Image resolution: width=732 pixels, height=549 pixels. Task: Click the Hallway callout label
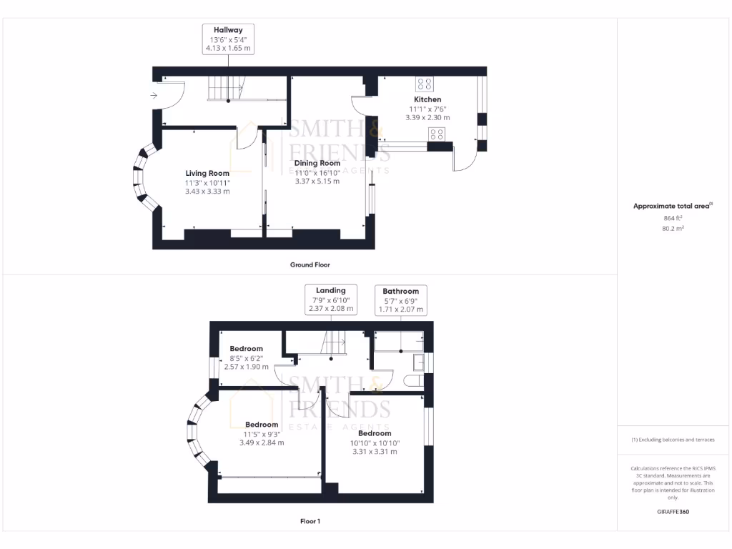click(227, 39)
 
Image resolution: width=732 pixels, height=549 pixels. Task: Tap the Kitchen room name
click(427, 99)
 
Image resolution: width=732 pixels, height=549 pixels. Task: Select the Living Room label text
click(207, 174)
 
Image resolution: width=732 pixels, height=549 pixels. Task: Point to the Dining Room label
click(317, 163)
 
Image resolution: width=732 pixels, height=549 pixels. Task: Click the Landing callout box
click(330, 300)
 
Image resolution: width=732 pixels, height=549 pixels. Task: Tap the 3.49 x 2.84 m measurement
click(262, 442)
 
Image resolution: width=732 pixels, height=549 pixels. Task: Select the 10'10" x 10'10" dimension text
click(375, 442)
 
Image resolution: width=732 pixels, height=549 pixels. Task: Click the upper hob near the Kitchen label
click(424, 83)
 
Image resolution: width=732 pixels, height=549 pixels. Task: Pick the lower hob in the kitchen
click(437, 134)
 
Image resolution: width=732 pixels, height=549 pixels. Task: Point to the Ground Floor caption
click(310, 264)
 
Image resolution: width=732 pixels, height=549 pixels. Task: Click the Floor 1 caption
click(310, 521)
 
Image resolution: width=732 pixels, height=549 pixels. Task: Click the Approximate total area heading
click(673, 206)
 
